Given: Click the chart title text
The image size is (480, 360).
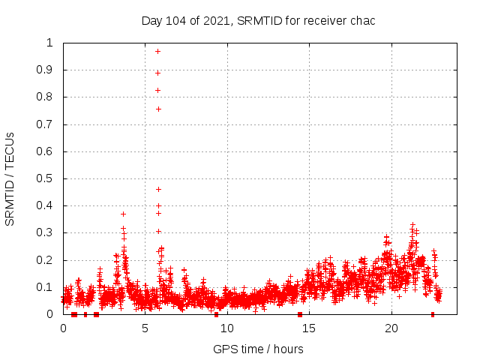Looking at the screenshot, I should (x=258, y=20).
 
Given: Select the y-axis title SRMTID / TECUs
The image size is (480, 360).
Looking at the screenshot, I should (x=10, y=178).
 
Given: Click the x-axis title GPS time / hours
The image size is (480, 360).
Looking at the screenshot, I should (x=258, y=349).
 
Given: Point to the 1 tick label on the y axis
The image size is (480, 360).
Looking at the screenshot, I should (x=49, y=43).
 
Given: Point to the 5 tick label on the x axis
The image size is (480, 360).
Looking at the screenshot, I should (x=145, y=328).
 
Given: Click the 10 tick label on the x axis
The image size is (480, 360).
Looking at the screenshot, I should (x=227, y=328).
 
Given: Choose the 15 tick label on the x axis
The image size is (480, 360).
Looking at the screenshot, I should (x=309, y=328).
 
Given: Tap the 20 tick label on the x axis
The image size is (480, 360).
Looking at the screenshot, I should (x=391, y=328).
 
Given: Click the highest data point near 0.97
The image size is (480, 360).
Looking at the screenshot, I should (x=157, y=51).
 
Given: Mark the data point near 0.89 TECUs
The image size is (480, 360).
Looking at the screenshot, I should (x=157, y=73).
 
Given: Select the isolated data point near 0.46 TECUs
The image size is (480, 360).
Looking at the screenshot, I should (x=158, y=189).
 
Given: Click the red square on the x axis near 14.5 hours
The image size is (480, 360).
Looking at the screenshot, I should (x=300, y=314).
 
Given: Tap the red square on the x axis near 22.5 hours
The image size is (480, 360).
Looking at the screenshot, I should (x=433, y=314).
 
